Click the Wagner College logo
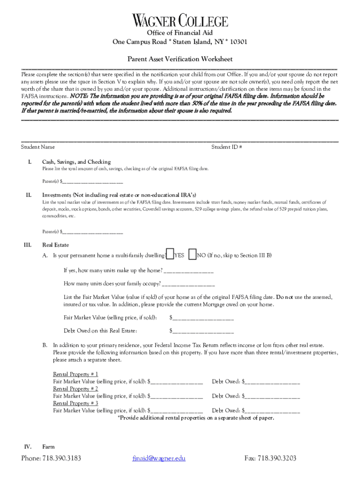[180, 21]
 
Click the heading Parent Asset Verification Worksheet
[180, 59]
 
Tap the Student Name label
[38, 147]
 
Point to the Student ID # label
[226, 147]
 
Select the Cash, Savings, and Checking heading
[76, 161]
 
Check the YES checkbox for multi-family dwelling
[170, 254]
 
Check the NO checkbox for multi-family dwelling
[192, 254]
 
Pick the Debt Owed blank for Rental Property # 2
[272, 396]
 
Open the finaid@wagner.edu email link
[159, 458]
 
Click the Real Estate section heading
[56, 245]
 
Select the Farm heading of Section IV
[48, 447]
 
